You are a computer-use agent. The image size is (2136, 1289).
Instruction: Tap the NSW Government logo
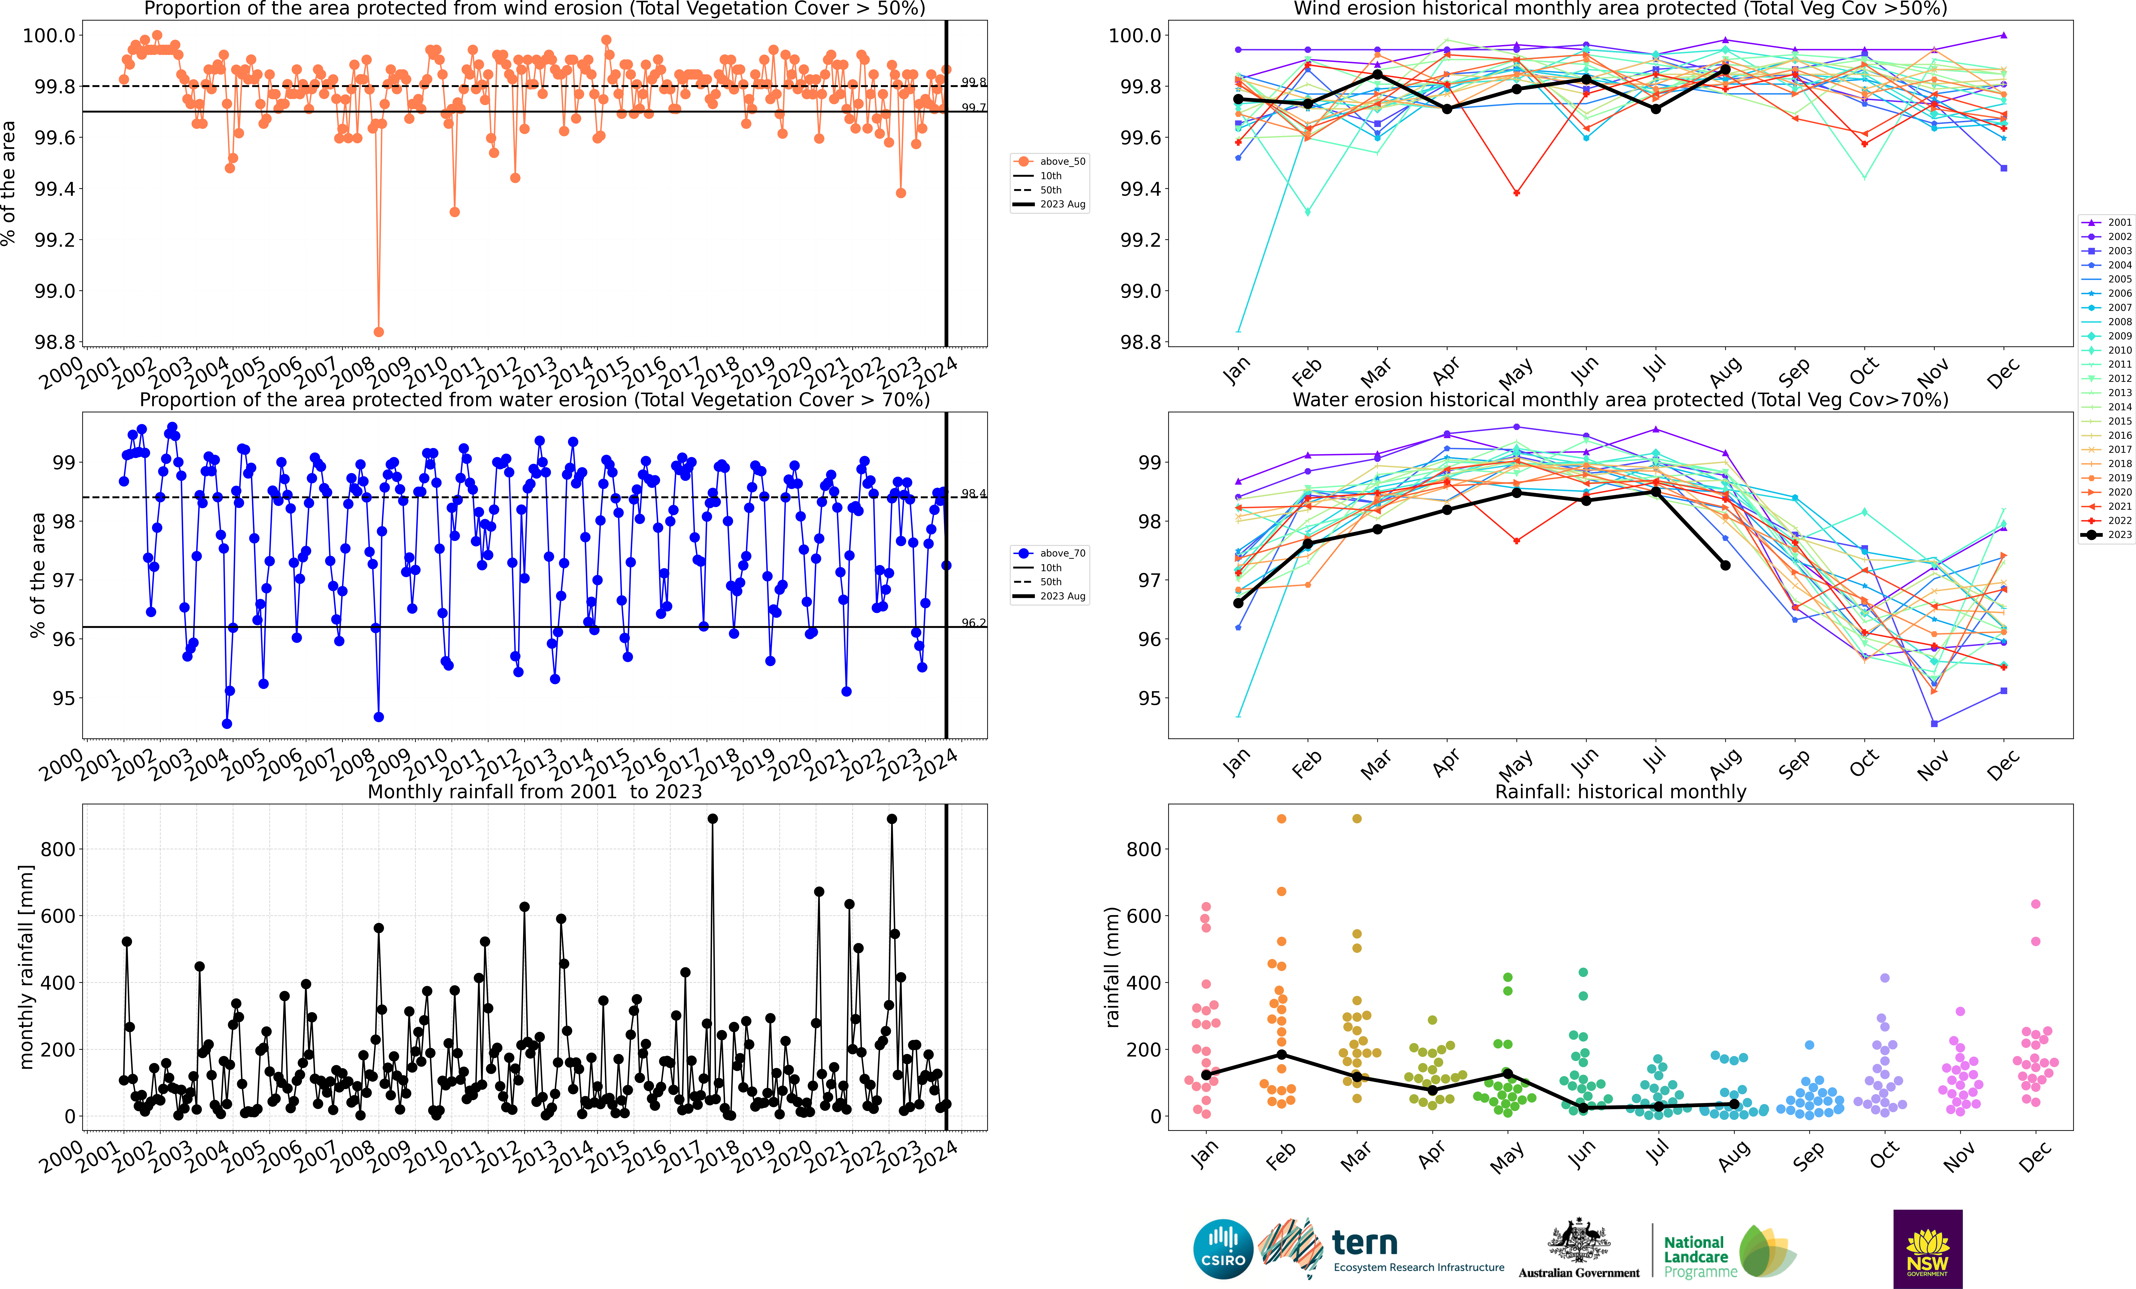(1927, 1249)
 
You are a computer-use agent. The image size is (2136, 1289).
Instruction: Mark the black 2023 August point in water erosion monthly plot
(1725, 565)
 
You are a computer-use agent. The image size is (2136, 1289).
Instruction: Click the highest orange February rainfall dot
(1281, 818)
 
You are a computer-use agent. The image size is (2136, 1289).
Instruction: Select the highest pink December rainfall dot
(2035, 904)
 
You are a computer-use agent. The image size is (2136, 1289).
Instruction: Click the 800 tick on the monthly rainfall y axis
(58, 850)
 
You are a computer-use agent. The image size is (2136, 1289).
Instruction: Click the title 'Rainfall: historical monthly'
(1620, 791)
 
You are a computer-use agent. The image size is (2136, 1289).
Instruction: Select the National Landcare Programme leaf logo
(1765, 1251)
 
